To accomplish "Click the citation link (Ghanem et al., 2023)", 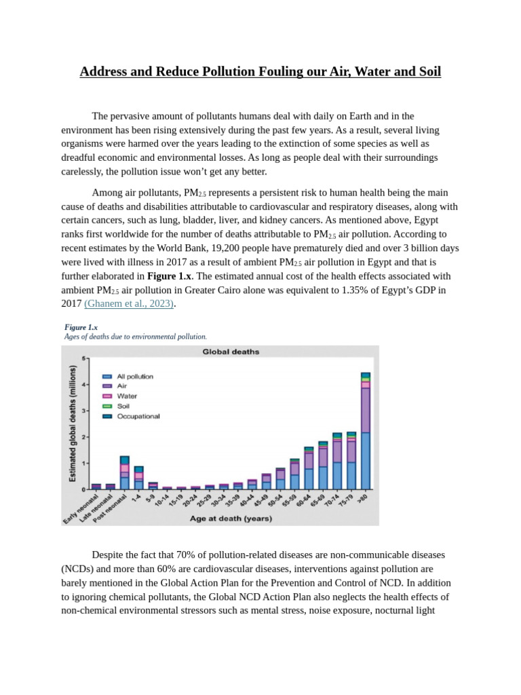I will coord(138,304).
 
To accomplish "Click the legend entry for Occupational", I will coord(138,416).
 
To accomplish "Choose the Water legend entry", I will coord(127,396).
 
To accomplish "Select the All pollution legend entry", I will coord(134,376).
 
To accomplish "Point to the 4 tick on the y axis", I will coord(85,384).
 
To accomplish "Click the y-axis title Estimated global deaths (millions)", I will coord(72,424).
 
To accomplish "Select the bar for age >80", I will coord(365,430).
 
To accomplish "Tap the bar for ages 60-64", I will coord(309,468).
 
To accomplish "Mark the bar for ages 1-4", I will coord(138,477).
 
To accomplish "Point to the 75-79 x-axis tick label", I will coord(345,502).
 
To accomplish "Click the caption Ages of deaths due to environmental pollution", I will coord(135,336).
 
